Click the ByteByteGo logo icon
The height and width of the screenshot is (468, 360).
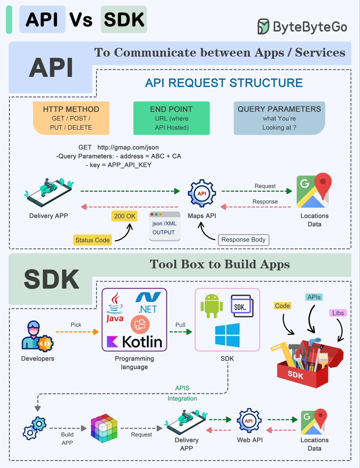pos(263,27)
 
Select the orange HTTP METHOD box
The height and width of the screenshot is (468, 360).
pos(71,118)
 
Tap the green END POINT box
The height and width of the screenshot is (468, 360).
pos(171,118)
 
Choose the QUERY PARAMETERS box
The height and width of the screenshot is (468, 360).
pos(279,118)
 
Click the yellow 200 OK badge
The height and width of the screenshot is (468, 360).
pos(124,216)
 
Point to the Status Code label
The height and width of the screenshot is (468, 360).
pos(92,240)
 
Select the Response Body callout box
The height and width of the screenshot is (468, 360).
pos(243,240)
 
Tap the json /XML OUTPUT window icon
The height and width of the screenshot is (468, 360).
pos(165,226)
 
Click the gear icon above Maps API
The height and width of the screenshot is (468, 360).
pos(202,193)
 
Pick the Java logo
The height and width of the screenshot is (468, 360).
pos(115,307)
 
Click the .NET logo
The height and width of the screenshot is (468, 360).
pos(148,303)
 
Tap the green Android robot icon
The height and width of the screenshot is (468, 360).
pos(212,306)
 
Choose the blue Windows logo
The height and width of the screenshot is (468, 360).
pos(227,335)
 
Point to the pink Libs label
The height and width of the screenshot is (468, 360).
pos(338,313)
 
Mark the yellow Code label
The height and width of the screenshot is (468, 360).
pos(282,306)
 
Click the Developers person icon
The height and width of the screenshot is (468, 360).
pos(37,337)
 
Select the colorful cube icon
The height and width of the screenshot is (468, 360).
pos(104,428)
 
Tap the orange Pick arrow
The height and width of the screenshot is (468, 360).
pos(77,332)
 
